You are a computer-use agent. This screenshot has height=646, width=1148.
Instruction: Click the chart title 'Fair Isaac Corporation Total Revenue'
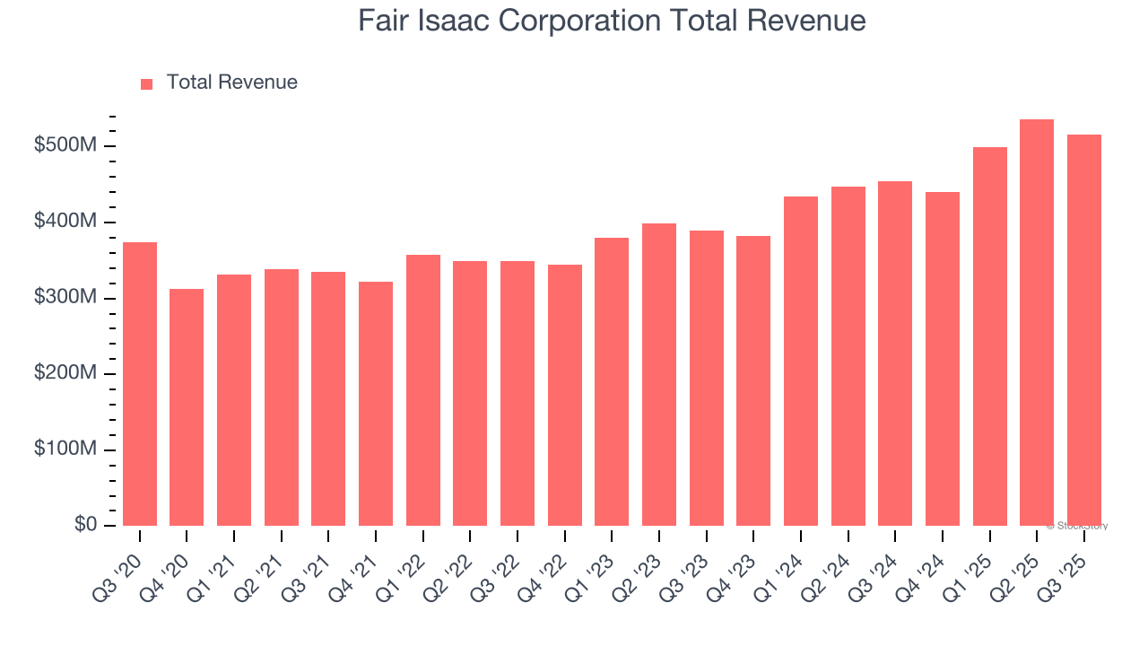(x=612, y=21)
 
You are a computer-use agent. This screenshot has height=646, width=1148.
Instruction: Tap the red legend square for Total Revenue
(x=147, y=83)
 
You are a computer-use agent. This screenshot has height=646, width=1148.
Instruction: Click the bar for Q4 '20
(x=187, y=407)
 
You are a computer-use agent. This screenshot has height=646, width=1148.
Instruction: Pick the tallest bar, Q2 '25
(x=1037, y=323)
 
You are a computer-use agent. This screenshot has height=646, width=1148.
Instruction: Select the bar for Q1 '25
(x=989, y=336)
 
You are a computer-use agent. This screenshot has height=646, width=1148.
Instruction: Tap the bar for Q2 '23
(x=659, y=375)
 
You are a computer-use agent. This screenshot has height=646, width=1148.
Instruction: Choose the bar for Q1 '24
(x=801, y=361)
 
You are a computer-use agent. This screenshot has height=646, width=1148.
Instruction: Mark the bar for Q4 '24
(x=943, y=359)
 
